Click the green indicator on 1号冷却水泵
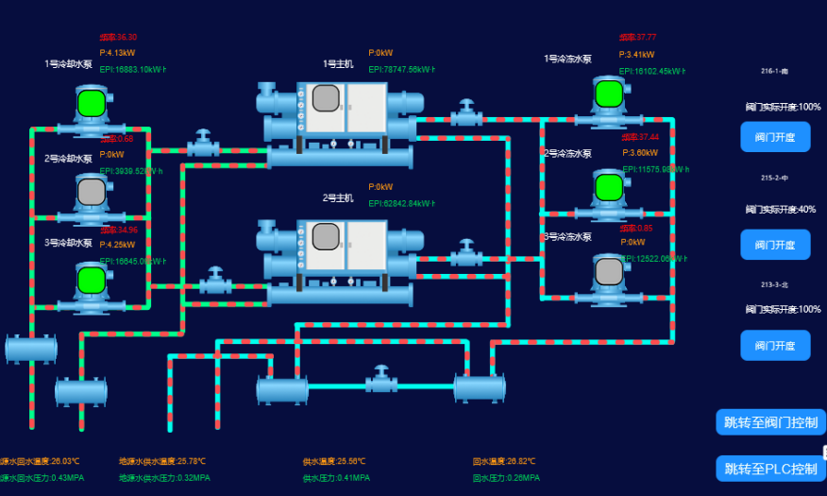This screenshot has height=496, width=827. (x=91, y=101)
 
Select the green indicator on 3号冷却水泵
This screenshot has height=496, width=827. (x=91, y=280)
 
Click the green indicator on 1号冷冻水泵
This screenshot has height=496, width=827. (x=609, y=93)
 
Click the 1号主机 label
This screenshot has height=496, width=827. (x=338, y=64)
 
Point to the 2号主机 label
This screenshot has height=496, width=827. (x=338, y=198)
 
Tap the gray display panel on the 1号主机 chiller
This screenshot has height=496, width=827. (x=326, y=98)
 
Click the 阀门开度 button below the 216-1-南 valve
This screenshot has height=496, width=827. (x=775, y=137)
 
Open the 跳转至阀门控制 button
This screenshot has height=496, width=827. (x=769, y=422)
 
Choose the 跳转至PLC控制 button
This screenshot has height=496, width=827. (x=769, y=469)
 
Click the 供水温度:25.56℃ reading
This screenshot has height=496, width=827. (x=334, y=462)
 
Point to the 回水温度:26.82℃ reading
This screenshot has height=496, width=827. (x=504, y=462)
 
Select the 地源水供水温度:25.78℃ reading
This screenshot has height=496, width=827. (x=162, y=462)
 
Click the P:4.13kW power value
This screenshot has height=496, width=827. (x=118, y=53)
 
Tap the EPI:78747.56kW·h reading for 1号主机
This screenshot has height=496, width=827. (x=401, y=70)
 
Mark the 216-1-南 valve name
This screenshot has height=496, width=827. (x=774, y=72)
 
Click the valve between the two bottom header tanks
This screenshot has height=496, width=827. (x=381, y=380)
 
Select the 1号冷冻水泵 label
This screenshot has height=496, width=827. (x=567, y=59)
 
